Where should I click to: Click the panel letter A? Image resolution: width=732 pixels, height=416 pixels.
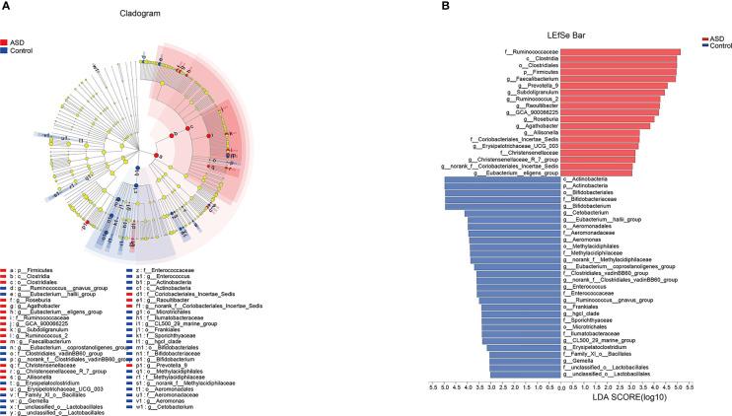click(x=6, y=6)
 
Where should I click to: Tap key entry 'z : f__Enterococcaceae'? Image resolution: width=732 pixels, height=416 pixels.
click(x=167, y=267)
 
